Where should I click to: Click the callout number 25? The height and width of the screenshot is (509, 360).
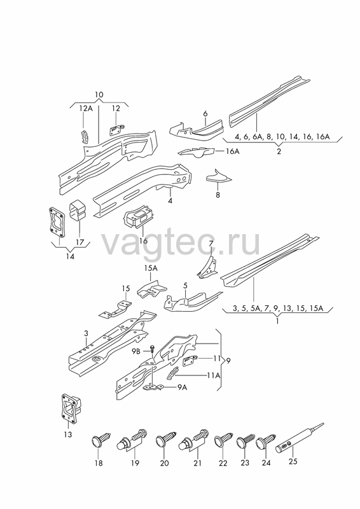293,461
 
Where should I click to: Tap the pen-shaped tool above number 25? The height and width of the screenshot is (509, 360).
299,438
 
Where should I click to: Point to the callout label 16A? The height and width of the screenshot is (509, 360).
232,151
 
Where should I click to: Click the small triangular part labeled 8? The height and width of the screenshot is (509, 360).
218,176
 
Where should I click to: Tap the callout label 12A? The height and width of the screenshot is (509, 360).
86,108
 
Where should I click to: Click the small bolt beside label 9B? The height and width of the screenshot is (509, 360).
152,349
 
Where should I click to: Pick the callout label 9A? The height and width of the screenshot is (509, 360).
182,387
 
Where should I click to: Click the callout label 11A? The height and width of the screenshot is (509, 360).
213,375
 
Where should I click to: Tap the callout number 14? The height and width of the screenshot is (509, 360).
70,256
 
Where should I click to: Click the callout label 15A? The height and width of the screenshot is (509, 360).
151,268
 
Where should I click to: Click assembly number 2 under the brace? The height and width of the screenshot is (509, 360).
279,151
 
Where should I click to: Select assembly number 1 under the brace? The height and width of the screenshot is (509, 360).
277,321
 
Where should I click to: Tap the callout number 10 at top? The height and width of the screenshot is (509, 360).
99,95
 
